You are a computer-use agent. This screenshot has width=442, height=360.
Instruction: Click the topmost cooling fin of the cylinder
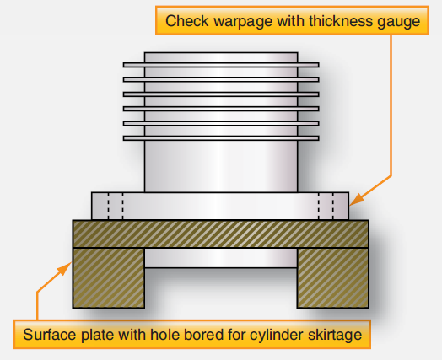click(x=221, y=64)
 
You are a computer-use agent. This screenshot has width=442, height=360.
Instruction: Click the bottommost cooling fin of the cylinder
click(x=221, y=137)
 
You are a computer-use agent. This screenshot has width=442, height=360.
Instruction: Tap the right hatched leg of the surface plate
click(x=332, y=277)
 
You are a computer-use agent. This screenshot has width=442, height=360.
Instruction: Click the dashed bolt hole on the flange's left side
click(x=116, y=206)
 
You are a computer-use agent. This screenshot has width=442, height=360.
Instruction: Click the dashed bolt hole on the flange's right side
click(x=326, y=206)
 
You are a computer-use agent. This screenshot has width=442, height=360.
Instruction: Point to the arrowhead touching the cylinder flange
click(x=353, y=203)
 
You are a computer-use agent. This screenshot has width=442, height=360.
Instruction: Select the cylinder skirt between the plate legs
click(x=221, y=257)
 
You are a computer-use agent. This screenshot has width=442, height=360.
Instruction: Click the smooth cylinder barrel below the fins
click(x=221, y=166)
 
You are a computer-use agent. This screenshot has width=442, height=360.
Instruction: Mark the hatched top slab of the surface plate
click(x=221, y=234)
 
